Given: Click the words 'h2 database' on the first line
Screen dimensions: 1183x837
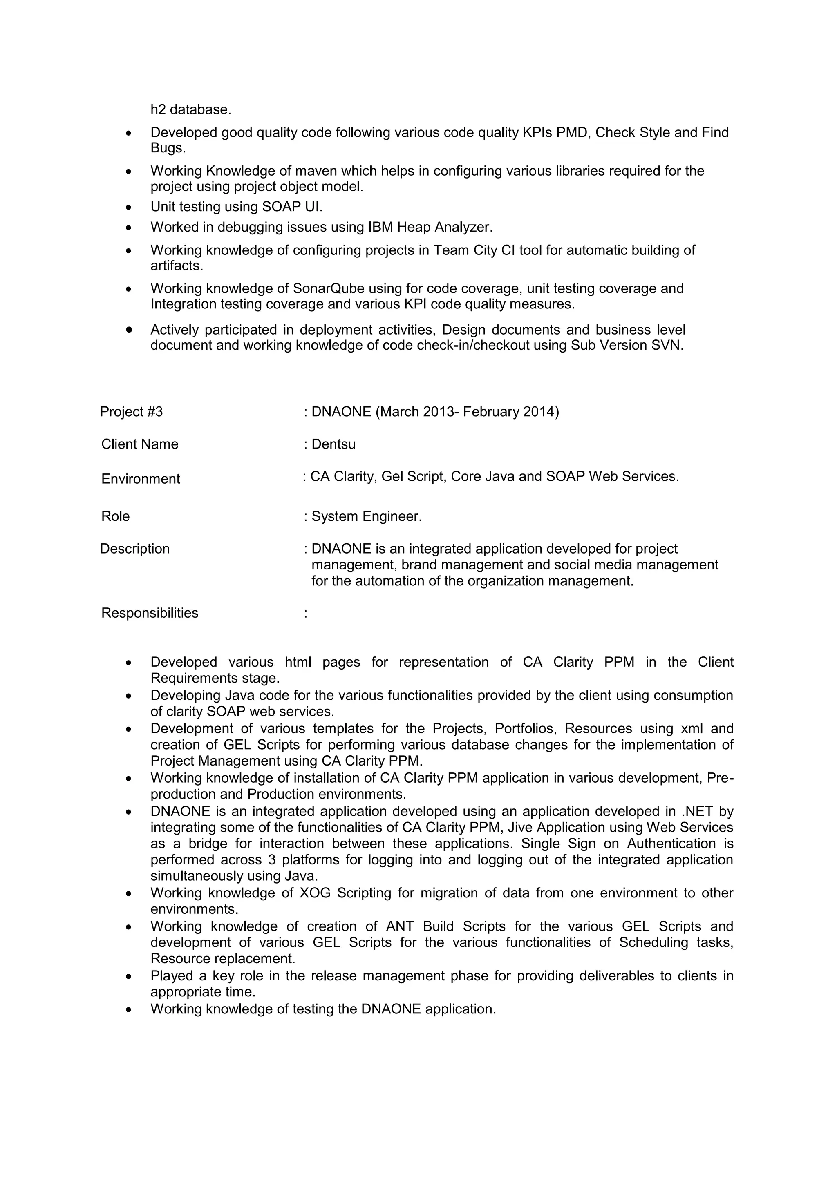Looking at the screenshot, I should click(x=190, y=110).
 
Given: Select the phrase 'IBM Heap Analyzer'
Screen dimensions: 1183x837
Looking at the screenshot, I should click(x=430, y=227).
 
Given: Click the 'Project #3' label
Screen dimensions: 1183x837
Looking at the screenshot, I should click(x=132, y=412).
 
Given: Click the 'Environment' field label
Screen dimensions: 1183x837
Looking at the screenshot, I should click(x=140, y=479).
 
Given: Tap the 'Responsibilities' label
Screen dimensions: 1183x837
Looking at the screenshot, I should click(x=150, y=613).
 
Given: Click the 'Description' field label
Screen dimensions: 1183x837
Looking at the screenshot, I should click(x=134, y=549).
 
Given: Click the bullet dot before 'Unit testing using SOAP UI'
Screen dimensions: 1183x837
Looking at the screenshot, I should click(x=129, y=208).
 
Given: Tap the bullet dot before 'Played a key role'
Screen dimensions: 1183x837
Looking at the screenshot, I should click(x=129, y=977).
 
